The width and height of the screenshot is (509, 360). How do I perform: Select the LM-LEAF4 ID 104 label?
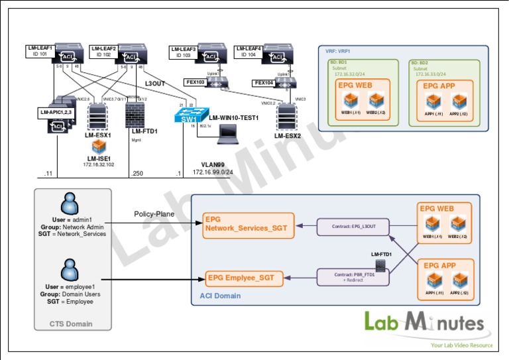pyautogui.click(x=249, y=51)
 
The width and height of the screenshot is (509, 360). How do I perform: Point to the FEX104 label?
pyautogui.click(x=264, y=83)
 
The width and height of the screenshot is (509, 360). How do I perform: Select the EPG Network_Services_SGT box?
pyautogui.click(x=246, y=223)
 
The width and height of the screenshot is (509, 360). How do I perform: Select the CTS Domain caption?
pyautogui.click(x=71, y=324)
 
